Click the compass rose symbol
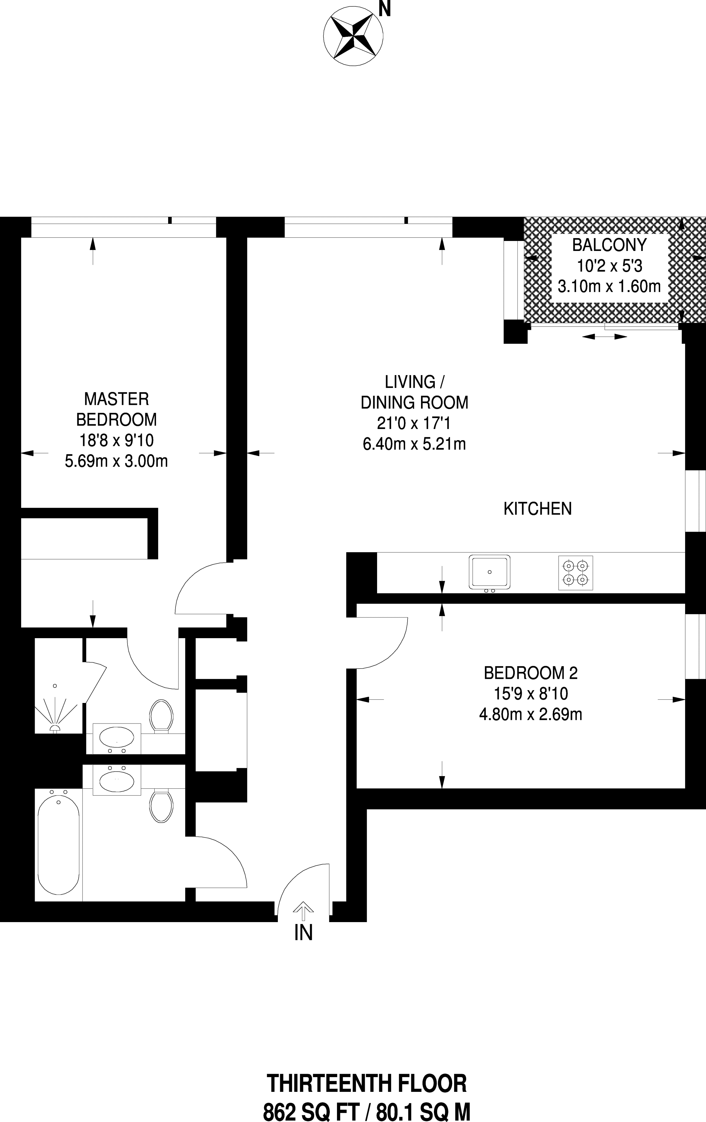pyautogui.click(x=353, y=36)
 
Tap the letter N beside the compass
pyautogui.click(x=384, y=9)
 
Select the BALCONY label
pyautogui.click(x=609, y=244)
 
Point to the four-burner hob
pyautogui.click(x=575, y=573)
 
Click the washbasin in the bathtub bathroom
pyautogui.click(x=117, y=781)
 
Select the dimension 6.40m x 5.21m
pyautogui.click(x=414, y=444)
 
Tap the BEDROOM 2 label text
pyautogui.click(x=531, y=673)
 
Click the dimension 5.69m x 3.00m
pyautogui.click(x=116, y=461)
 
